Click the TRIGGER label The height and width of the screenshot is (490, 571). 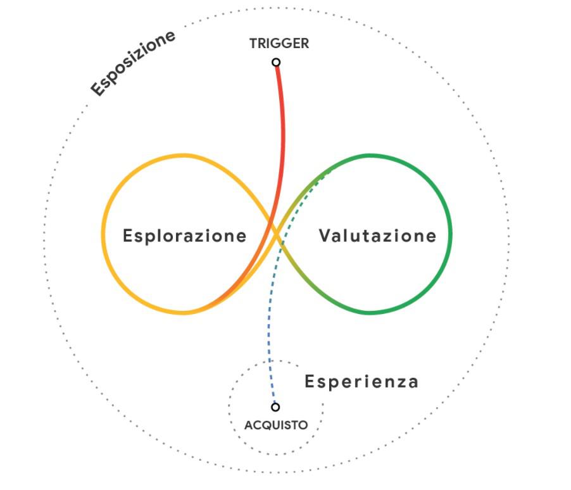pos(279,44)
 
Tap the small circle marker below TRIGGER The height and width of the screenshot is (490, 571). pos(276,62)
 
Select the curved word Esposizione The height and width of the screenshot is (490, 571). pos(132,63)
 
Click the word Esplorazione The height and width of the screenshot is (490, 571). pos(184,236)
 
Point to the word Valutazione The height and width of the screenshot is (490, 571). pos(377,236)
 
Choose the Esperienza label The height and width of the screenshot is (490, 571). pos(361,382)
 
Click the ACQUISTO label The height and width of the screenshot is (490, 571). pos(276,425)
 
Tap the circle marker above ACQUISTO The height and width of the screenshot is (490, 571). pos(275,407)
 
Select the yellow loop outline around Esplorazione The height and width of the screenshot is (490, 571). pos(103,234)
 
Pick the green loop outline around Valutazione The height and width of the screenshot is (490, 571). pos(451,234)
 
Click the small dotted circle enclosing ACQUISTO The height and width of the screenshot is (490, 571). pos(230,408)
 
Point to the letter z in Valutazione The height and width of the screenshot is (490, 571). pos(397,236)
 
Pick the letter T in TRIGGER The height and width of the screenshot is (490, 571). pos(253,44)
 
